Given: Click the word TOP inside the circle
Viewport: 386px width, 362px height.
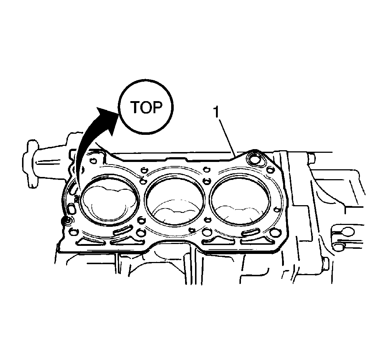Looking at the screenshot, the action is point(146,107).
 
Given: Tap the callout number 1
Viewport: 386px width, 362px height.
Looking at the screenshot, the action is point(216,112).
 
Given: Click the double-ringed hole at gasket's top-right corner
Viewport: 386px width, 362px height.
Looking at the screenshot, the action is point(255,158).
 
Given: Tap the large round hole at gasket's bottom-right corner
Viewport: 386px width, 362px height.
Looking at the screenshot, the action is point(275,232).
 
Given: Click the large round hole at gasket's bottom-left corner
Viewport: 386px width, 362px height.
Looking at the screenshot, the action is point(74,231).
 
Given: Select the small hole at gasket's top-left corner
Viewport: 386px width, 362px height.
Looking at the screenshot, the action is point(93,161).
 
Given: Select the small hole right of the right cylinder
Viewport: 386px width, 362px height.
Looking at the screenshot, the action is point(277,210).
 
